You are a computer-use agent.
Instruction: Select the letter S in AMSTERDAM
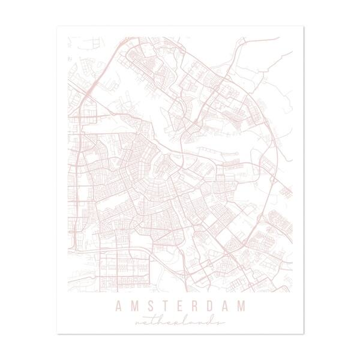148,307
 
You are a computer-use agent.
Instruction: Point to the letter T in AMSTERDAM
163,307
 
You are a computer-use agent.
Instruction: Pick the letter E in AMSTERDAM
178,307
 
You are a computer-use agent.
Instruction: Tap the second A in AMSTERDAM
224,307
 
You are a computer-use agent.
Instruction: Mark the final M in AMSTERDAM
241,307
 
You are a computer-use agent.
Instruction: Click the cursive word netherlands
180,322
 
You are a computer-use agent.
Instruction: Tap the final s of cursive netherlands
220,322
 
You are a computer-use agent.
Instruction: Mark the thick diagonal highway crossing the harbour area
90,90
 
